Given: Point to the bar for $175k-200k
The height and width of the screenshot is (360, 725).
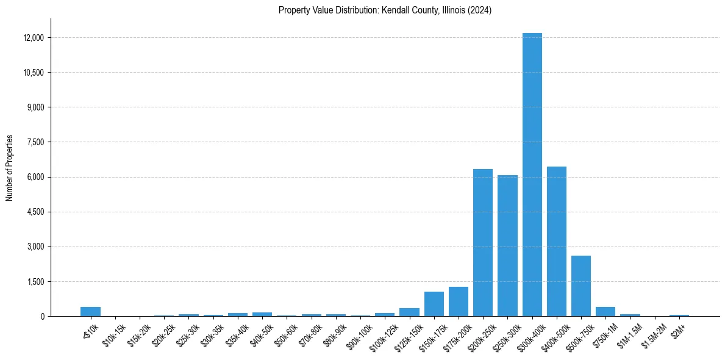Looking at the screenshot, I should [x=459, y=301].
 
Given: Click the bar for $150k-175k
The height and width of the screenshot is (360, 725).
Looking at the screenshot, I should [x=434, y=304].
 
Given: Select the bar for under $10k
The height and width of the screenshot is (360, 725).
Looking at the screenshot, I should [x=90, y=312].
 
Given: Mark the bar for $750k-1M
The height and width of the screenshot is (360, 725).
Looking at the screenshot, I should [x=605, y=312].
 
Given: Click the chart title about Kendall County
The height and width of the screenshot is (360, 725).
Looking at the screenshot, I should [x=385, y=10].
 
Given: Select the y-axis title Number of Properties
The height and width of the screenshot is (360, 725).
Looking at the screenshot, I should [x=10, y=167].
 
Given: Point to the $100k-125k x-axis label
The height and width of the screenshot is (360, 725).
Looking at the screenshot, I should [x=380, y=334].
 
